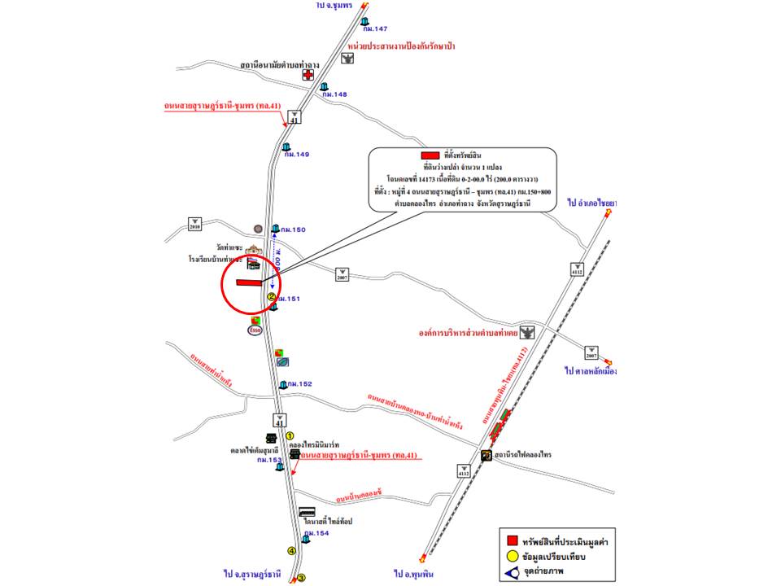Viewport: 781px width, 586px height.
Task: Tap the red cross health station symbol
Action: tap(308, 75)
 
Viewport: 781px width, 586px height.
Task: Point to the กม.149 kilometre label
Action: tap(297, 155)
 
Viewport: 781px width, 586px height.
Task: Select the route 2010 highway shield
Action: tap(194, 223)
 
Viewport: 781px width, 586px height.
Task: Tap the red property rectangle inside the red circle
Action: tap(248, 282)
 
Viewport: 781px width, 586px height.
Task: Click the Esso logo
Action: tap(255, 330)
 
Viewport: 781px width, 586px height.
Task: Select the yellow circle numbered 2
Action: tap(271, 297)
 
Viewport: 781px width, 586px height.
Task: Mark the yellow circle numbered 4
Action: tap(290, 551)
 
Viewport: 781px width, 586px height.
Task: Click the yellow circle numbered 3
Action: tap(301, 578)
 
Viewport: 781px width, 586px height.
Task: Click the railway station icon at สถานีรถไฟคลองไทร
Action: tap(486, 454)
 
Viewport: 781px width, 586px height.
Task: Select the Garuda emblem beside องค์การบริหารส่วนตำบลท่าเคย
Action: tap(530, 333)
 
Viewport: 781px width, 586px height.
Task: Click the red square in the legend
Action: tap(513, 541)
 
